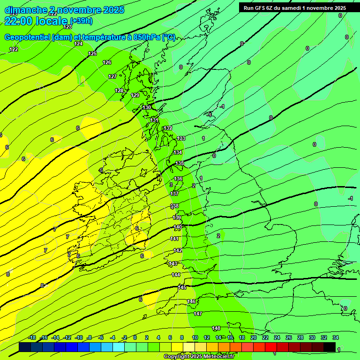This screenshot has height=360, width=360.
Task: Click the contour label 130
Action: tap(147, 107)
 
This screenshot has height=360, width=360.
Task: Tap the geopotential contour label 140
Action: tap(178, 227)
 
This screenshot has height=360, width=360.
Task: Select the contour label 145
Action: tap(182, 287)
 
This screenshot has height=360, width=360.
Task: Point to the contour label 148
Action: tap(216, 328)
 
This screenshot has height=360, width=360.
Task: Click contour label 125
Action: tap(92, 54)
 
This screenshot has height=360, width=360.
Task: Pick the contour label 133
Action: tap(181, 138)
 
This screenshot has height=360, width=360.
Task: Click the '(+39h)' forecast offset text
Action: tap(81, 21)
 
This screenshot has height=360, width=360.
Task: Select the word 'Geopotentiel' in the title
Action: tap(28, 37)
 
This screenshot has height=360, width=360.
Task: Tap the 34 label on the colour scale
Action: tap(336, 337)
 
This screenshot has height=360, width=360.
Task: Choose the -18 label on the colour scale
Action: tap(32, 337)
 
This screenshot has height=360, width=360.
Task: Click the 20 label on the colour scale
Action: tap(254, 337)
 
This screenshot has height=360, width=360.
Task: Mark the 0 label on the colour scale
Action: tap(135, 337)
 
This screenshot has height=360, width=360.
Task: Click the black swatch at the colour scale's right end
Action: tap(330, 347)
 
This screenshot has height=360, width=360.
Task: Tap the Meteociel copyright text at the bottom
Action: tap(199, 357)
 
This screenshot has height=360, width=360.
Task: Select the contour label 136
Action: tap(178, 179)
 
